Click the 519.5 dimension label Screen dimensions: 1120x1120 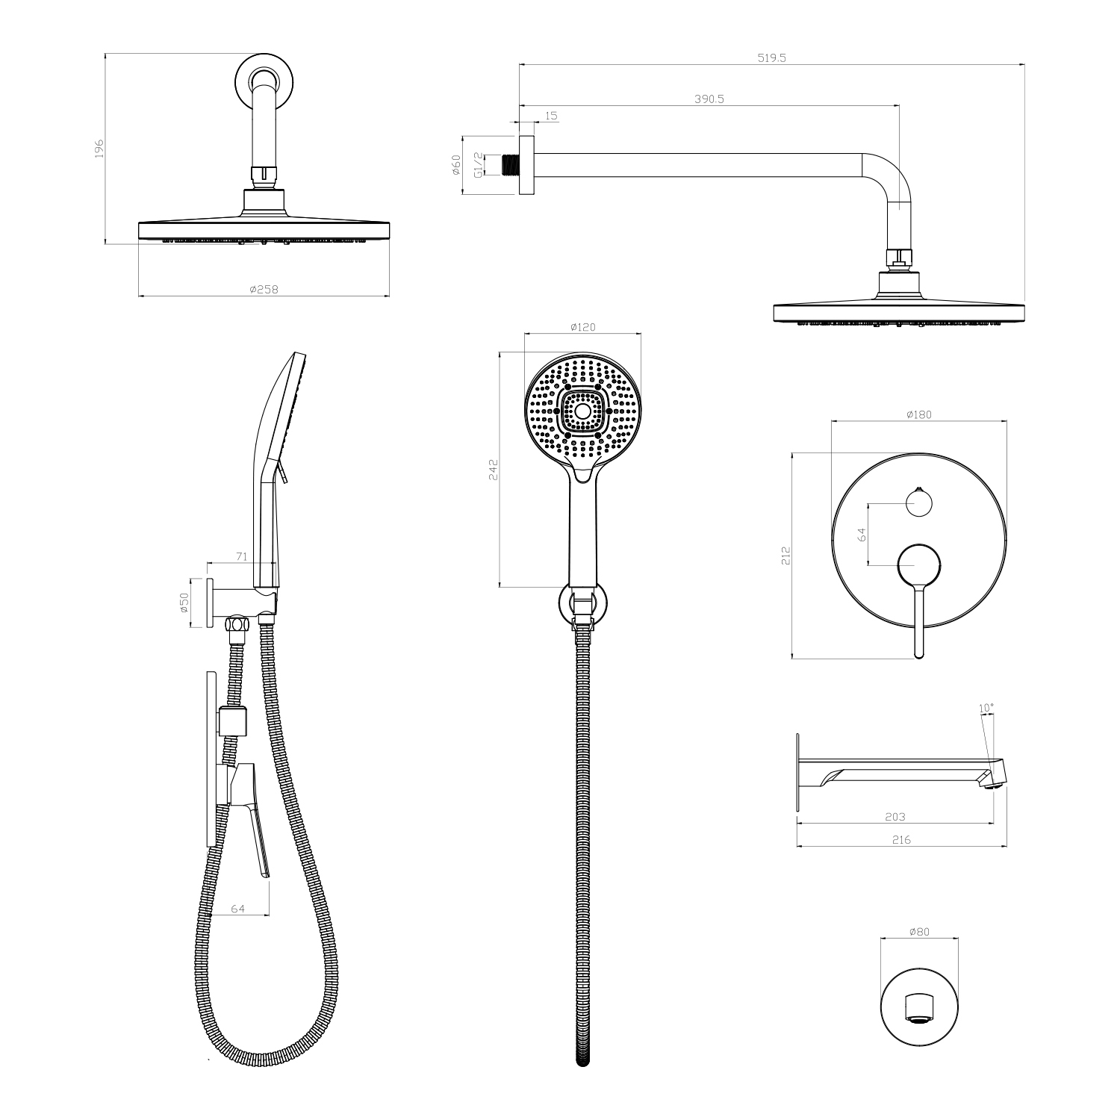pos(771,57)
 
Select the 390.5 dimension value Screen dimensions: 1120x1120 pos(709,99)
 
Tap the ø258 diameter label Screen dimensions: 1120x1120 pos(264,290)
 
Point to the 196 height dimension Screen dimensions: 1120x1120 pos(99,148)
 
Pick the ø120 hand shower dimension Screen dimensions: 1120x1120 pos(582,327)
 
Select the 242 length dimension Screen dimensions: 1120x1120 pos(493,470)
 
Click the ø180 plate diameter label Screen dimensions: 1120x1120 pos(918,414)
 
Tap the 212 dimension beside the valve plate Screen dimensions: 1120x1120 pos(785,556)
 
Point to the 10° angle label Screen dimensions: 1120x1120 pos(986,707)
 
